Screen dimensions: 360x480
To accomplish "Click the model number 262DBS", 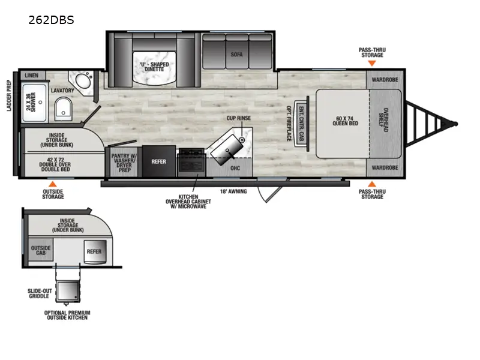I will [51, 19].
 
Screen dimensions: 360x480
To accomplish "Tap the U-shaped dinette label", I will [154, 67].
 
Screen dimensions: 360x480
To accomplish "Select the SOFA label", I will [236, 54].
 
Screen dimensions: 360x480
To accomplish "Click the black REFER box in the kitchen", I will [158, 161].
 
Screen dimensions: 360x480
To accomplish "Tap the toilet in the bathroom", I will [62, 109].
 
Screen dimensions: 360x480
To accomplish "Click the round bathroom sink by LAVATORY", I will [80, 80].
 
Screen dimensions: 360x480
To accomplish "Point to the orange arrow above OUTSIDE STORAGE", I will [53, 184].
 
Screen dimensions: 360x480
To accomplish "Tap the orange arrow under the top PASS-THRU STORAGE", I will [371, 63].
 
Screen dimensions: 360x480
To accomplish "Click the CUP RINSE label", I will [238, 118].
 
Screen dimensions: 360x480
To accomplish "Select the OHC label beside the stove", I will [235, 168].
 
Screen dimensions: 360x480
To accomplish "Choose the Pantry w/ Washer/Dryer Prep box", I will [125, 161].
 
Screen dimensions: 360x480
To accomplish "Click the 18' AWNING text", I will [233, 191].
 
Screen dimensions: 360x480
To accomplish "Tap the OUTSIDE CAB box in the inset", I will [41, 250].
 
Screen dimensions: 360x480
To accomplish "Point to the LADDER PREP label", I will [10, 97].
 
